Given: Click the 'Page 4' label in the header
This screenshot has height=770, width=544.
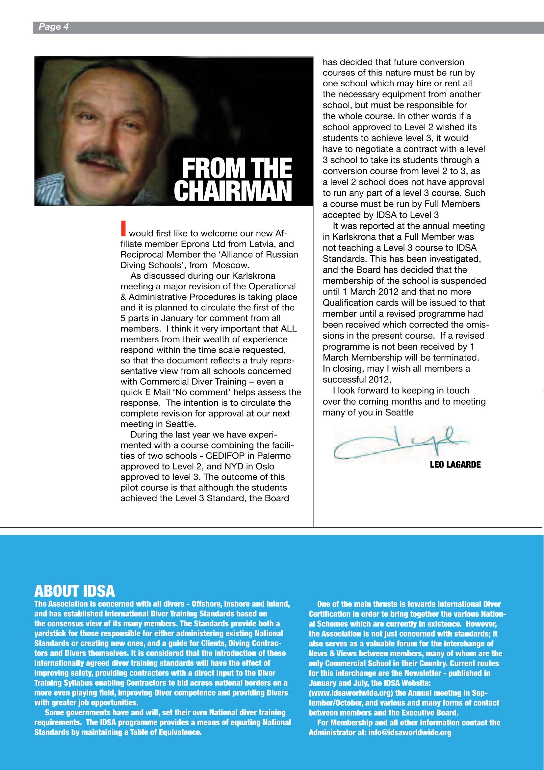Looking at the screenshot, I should coord(54,27).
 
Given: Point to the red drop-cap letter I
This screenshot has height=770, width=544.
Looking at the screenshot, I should coord(123,228).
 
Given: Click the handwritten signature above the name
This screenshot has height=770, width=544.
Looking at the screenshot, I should coord(399,443).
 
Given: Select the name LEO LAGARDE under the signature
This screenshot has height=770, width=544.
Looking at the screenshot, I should coord(455,465).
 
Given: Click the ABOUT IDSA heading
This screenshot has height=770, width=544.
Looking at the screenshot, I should coord(74,591).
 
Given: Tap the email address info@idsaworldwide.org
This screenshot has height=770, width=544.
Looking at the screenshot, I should coord(410,732).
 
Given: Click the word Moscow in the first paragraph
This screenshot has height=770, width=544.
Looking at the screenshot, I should coord(231,265).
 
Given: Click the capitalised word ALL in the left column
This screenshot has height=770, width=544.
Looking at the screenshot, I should coord(289,329).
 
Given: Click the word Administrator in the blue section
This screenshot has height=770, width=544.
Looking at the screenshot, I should coord(337,732).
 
